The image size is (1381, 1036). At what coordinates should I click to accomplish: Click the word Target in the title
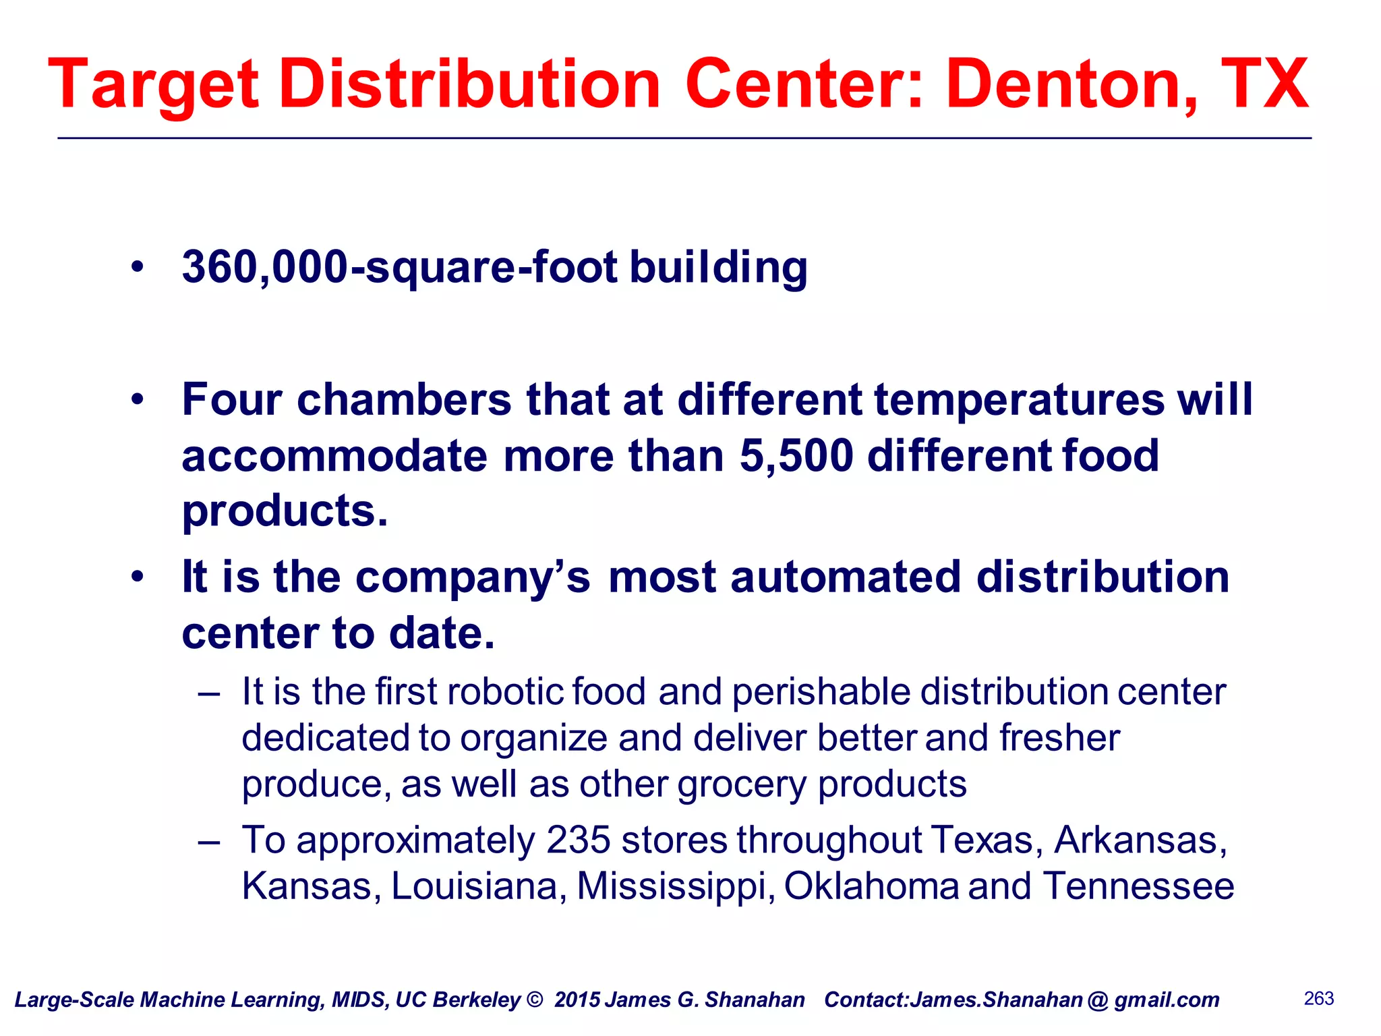[x=154, y=86]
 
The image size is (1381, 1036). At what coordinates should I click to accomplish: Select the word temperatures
[x=1019, y=399]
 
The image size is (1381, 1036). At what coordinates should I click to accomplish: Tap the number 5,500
[x=796, y=456]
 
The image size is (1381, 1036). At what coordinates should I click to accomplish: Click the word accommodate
[x=334, y=456]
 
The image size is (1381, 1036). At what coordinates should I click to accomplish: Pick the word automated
[x=846, y=577]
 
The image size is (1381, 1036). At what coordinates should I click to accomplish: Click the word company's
[x=473, y=579]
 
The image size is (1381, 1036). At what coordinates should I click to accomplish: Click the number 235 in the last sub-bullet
[x=579, y=840]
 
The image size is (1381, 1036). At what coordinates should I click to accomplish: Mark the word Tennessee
[x=1139, y=886]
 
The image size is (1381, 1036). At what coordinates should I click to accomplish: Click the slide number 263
[x=1319, y=998]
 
